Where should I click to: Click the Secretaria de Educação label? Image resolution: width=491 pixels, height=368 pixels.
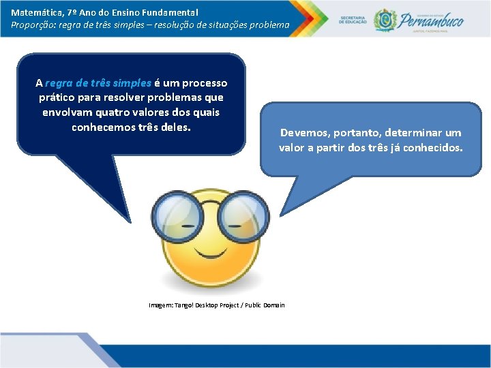point(353,18)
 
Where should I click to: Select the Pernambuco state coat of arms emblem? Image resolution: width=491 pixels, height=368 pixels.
point(385,19)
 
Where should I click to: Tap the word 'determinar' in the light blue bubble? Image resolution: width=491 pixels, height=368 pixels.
point(414,133)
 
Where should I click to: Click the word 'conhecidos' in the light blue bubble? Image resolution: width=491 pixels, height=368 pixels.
point(434,147)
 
